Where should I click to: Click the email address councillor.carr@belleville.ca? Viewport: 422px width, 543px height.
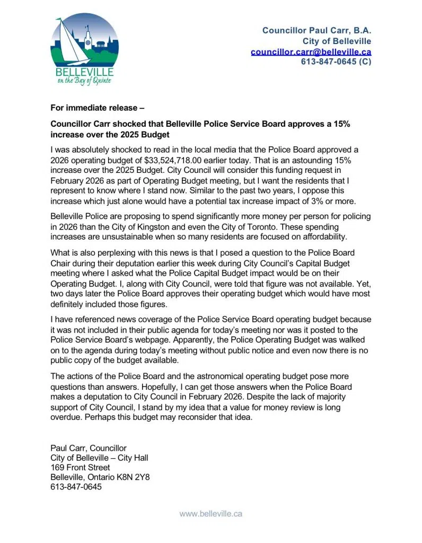point(311,51)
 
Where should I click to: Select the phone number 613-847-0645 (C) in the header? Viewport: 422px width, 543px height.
point(336,62)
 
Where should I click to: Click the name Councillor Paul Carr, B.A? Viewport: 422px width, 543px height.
point(316,30)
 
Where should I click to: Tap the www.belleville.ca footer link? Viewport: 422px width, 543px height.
point(210,513)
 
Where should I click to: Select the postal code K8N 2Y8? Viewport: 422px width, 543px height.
point(135,477)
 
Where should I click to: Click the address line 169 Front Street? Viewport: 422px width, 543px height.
point(80,467)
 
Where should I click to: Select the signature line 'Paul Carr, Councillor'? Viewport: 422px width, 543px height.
point(88,448)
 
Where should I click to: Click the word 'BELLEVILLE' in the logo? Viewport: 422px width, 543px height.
point(84,72)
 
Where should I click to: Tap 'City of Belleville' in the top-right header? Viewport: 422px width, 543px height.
point(337,41)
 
